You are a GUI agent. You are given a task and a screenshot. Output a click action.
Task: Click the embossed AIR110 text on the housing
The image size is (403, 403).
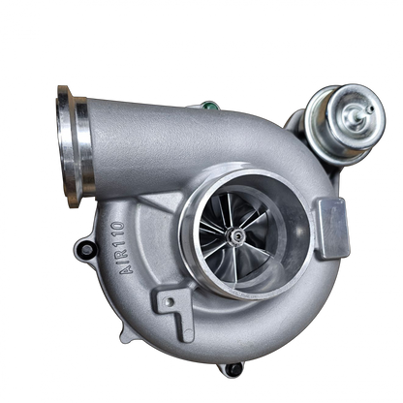pyautogui.click(x=122, y=248)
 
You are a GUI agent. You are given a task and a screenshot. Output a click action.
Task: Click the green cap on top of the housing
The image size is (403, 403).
pyautogui.click(x=208, y=106)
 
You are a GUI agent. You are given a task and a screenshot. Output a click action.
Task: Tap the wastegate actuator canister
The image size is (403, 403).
pyautogui.click(x=346, y=122)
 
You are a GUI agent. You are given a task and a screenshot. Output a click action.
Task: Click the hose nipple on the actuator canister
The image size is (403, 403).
pyautogui.click(x=370, y=109)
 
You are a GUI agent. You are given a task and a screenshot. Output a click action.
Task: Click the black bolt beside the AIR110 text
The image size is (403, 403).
pyautogui.click(x=86, y=249)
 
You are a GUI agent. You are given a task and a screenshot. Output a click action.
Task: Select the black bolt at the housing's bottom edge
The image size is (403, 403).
pyautogui.click(x=233, y=370)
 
